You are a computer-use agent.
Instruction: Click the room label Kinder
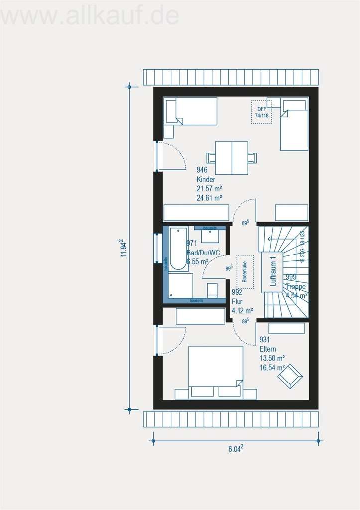[206, 179]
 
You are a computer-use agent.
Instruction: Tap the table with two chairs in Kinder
[232, 158]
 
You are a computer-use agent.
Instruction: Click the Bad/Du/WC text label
[203, 252]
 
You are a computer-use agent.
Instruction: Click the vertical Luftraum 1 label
[272, 272]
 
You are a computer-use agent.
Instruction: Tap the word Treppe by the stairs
[296, 286]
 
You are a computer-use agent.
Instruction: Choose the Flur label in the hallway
[237, 302]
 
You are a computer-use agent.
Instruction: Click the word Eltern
[268, 349]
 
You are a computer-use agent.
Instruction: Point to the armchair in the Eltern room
[290, 376]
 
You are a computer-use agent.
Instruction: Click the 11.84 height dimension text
[122, 248]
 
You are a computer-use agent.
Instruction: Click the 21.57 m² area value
[209, 188]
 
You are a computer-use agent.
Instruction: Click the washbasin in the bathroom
[210, 236]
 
